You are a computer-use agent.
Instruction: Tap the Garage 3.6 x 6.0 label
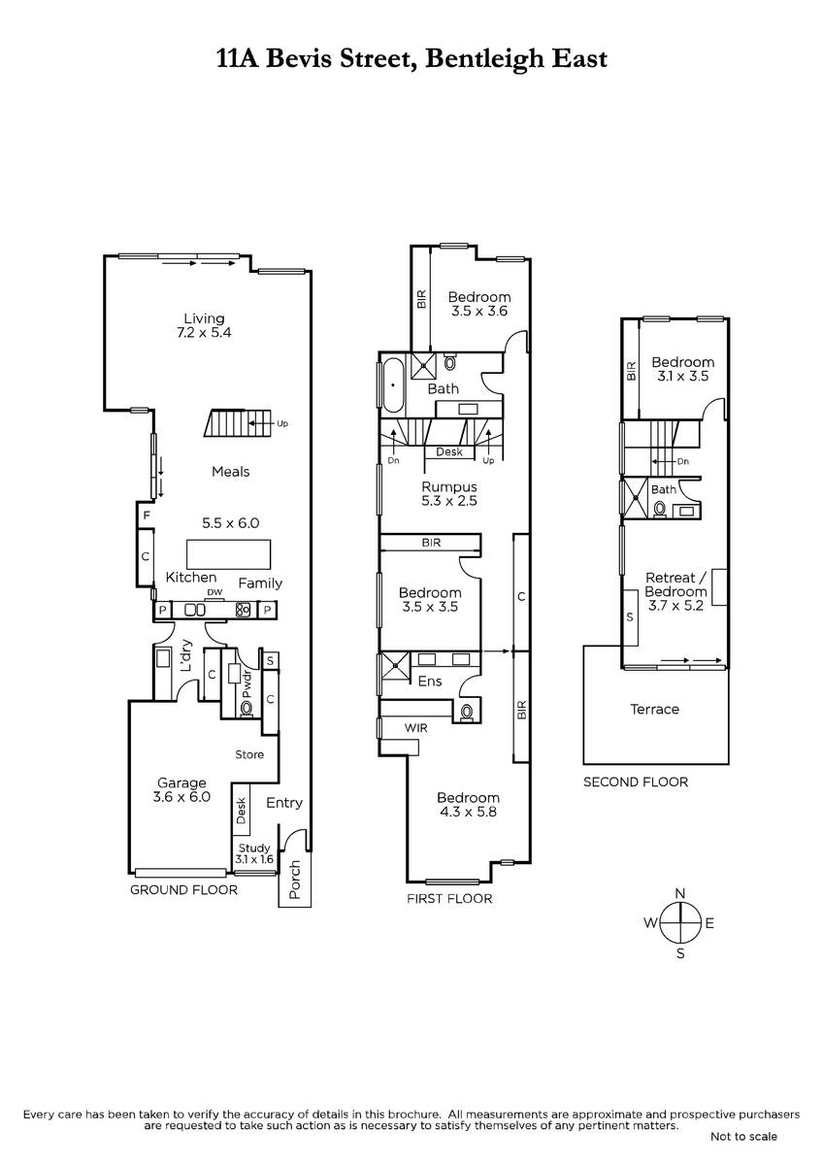(181, 789)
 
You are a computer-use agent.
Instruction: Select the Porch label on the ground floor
(295, 880)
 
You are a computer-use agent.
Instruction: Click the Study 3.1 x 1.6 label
(254, 853)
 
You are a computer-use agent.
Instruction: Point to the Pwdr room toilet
(246, 708)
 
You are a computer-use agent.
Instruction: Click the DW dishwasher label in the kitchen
(214, 592)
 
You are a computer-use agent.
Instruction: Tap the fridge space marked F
(147, 516)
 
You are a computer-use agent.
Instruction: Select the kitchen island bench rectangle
(228, 554)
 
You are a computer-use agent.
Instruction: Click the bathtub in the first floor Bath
(393, 385)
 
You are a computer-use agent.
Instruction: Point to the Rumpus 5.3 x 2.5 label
(449, 493)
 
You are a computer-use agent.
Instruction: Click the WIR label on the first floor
(416, 728)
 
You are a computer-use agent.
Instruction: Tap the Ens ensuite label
(430, 682)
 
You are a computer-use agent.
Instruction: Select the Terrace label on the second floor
(654, 709)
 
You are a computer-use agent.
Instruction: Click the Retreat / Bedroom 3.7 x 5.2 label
(675, 591)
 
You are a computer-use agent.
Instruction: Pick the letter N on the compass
(680, 894)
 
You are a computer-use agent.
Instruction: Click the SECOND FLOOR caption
(636, 782)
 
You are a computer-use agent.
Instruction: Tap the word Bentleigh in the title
(484, 58)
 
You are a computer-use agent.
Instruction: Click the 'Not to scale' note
(743, 1137)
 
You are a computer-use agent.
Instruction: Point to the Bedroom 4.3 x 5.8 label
(468, 805)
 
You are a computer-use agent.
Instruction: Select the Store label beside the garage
(249, 754)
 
